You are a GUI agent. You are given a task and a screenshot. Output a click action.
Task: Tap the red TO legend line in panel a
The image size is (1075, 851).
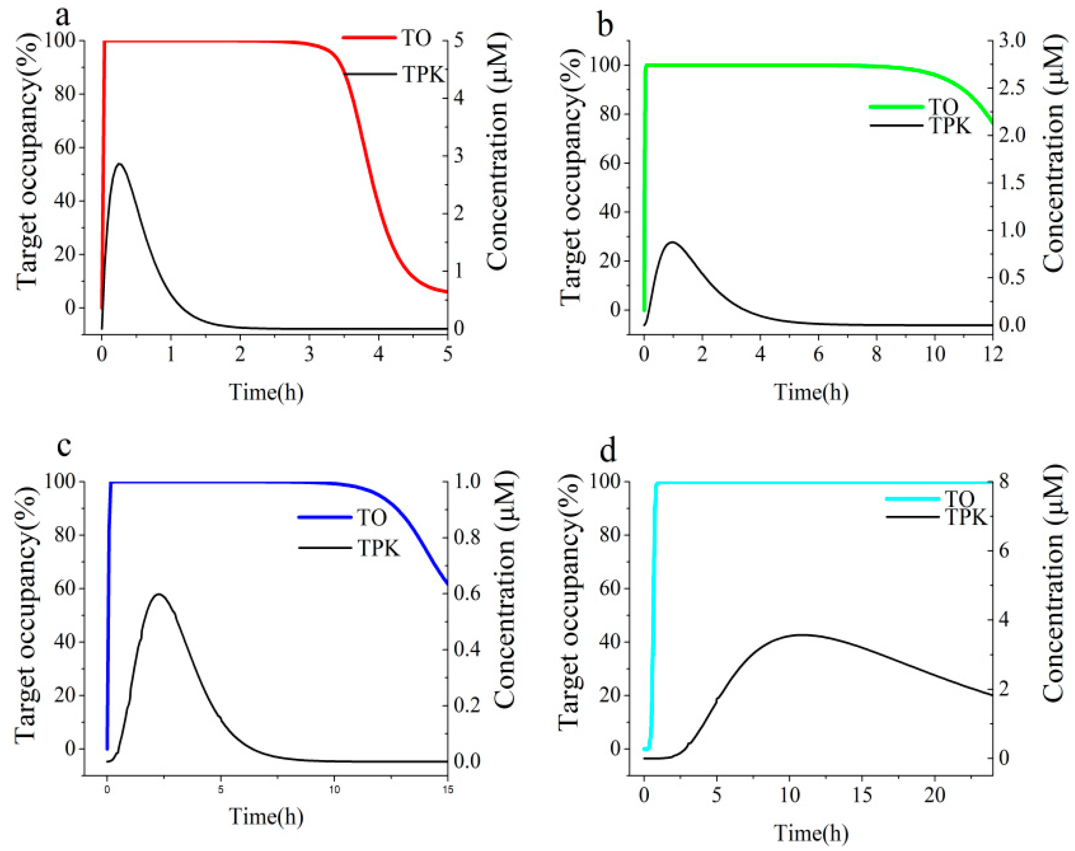pyautogui.click(x=369, y=38)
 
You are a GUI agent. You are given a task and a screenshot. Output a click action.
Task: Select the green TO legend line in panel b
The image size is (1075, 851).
pyautogui.click(x=896, y=107)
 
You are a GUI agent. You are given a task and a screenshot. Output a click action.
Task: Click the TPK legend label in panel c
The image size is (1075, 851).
pyautogui.click(x=379, y=549)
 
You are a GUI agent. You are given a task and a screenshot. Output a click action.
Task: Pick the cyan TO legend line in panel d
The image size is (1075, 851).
pyautogui.click(x=912, y=499)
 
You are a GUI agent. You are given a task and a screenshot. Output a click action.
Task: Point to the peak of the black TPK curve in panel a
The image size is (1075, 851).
pyautogui.click(x=120, y=164)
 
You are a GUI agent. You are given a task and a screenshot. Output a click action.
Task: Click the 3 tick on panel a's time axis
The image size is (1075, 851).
pyautogui.click(x=309, y=355)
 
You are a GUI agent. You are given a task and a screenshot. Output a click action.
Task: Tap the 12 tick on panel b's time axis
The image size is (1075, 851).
pyautogui.click(x=992, y=355)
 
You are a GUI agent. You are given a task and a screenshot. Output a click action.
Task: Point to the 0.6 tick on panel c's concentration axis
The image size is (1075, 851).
pyautogui.click(x=467, y=593)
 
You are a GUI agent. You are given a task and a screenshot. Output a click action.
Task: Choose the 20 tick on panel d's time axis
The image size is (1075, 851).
pyautogui.click(x=935, y=795)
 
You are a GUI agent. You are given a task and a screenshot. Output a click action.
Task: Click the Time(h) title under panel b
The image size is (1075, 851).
pyautogui.click(x=811, y=392)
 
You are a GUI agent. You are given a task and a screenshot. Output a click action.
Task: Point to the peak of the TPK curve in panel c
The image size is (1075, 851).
pyautogui.click(x=158, y=594)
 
